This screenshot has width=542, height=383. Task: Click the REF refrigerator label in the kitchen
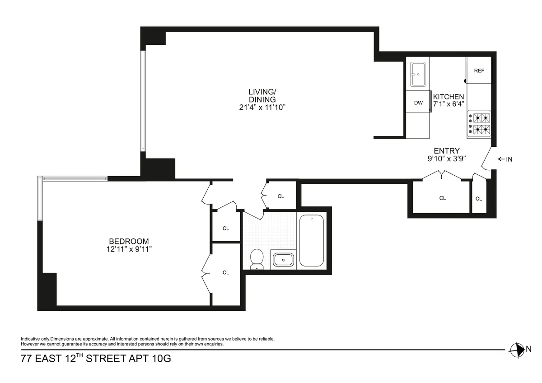coord(479,71)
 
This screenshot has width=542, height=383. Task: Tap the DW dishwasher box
coord(418,103)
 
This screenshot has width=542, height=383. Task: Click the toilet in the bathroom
coord(257,259)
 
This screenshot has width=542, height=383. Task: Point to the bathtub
coord(311,240)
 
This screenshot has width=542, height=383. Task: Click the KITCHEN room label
coord(449,97)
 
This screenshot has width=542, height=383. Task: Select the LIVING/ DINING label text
coord(262,96)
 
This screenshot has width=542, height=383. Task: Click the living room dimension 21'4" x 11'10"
coord(262,107)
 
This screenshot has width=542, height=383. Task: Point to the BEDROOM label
coord(129,241)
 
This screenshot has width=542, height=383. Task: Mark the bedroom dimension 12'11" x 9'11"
coord(129,249)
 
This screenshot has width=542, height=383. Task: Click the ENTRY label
coord(447,151)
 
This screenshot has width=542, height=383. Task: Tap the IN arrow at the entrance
coord(505,159)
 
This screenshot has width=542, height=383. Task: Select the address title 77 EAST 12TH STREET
coord(96,360)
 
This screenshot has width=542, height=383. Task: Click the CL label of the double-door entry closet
coord(442,198)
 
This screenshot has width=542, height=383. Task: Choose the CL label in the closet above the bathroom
coord(280,196)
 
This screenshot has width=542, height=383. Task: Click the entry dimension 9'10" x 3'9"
coord(447,159)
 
